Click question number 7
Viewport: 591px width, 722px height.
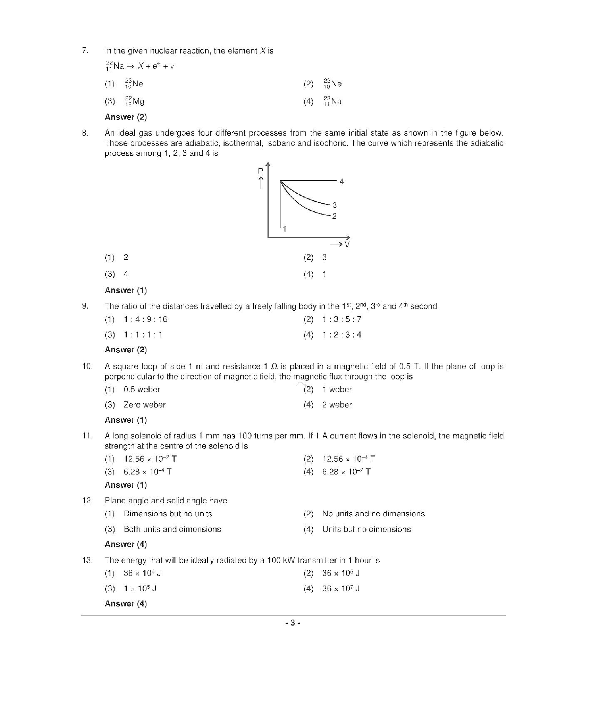[85, 50]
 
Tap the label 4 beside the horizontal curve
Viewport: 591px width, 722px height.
[341, 181]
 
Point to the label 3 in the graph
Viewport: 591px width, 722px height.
[335, 205]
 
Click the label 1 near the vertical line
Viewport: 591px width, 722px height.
[285, 229]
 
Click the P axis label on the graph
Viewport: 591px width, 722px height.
[261, 171]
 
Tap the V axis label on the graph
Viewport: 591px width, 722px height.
[347, 244]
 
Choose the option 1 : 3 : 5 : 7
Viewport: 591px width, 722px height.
[341, 319]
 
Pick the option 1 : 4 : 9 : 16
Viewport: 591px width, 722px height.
[145, 319]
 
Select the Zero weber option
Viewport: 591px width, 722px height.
[144, 405]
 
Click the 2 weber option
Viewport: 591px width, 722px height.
[337, 405]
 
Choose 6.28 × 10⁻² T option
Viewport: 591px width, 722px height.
[346, 472]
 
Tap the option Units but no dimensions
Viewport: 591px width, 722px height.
[366, 529]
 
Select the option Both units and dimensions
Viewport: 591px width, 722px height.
[172, 529]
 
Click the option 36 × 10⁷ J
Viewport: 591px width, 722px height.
[340, 588]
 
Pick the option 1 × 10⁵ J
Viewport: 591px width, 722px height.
[140, 588]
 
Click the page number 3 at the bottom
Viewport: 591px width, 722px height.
[293, 623]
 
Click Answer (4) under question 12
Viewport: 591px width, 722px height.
[126, 544]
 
